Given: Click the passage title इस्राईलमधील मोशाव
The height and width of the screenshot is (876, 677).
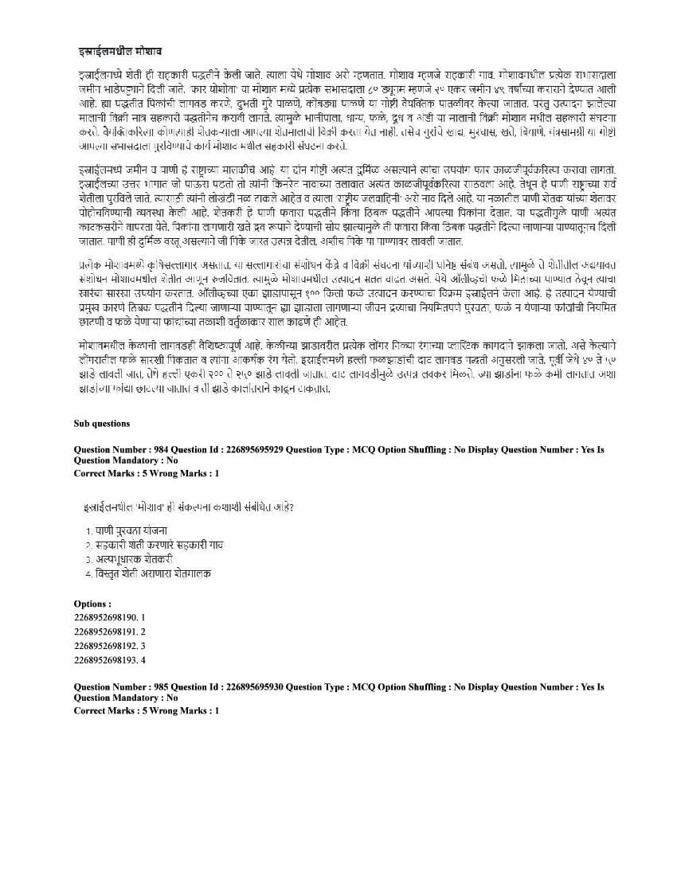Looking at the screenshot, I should point(115,51).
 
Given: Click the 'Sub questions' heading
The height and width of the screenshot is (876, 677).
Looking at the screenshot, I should point(101,424).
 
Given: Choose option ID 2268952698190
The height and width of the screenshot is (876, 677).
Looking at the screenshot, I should point(109,617).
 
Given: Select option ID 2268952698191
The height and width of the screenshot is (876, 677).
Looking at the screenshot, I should point(109,631).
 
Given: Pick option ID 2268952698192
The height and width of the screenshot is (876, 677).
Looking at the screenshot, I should point(109,645).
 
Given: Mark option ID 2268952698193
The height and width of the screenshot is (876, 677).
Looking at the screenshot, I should point(109,659).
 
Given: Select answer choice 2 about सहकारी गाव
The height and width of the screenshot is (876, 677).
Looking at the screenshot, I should point(163,545).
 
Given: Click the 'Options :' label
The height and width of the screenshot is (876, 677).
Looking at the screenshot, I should point(92,604).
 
